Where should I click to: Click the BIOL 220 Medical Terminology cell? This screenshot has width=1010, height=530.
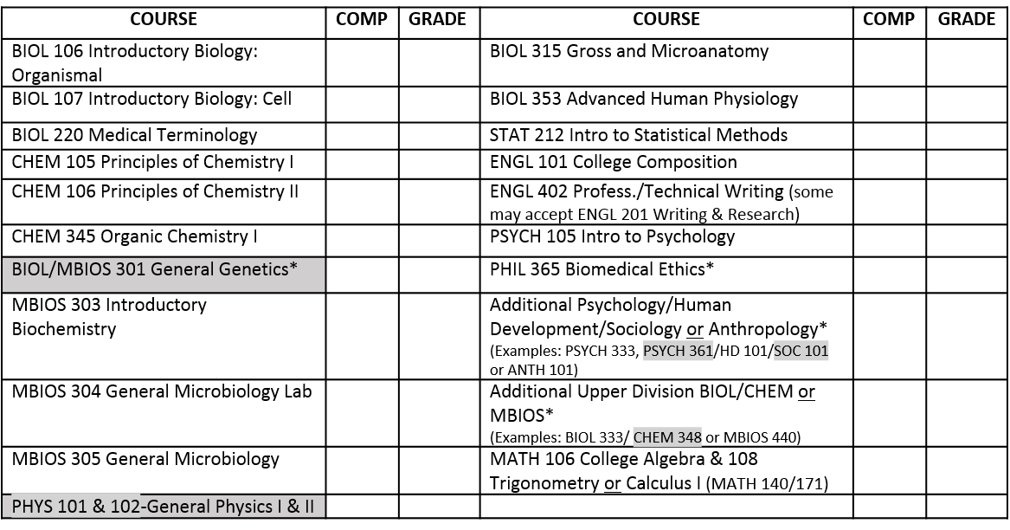click(135, 136)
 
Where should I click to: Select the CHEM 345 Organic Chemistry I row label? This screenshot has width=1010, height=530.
click(135, 236)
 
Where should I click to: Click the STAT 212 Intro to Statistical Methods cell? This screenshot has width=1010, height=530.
click(639, 136)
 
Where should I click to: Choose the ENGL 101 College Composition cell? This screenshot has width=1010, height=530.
click(614, 163)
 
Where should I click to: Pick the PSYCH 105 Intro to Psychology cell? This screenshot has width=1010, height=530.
click(612, 236)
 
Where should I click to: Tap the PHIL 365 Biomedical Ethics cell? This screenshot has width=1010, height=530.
click(601, 269)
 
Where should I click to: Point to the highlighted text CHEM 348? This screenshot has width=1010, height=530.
click(667, 436)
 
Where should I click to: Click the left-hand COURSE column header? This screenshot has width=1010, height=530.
click(164, 19)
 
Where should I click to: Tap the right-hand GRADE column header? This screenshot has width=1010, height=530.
click(967, 19)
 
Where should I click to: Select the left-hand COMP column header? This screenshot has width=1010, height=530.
click(361, 19)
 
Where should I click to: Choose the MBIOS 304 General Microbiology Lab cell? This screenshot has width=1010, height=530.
click(162, 392)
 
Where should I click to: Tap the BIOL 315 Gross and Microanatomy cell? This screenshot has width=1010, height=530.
click(629, 51)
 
